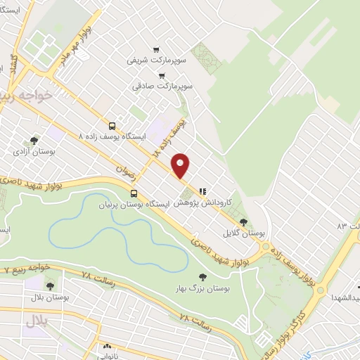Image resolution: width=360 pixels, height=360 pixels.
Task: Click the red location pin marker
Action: pos(181,165)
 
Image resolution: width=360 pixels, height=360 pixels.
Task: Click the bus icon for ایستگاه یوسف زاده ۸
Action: pos(112,125)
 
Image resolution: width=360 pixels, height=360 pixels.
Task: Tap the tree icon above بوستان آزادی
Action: pos(34,140)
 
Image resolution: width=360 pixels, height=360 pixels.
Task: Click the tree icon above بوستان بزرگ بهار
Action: pos(202,278)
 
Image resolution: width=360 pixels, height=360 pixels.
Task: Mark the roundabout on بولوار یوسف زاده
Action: pos(266,247)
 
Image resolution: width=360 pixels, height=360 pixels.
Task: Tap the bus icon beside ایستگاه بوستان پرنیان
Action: pos(134,195)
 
